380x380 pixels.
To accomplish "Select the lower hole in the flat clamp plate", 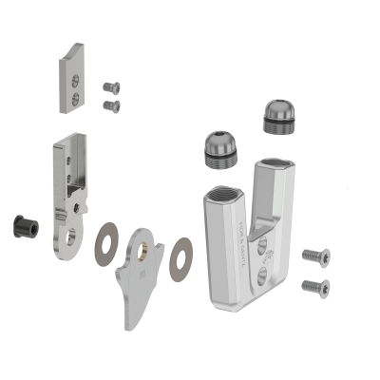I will tap(75, 97).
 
